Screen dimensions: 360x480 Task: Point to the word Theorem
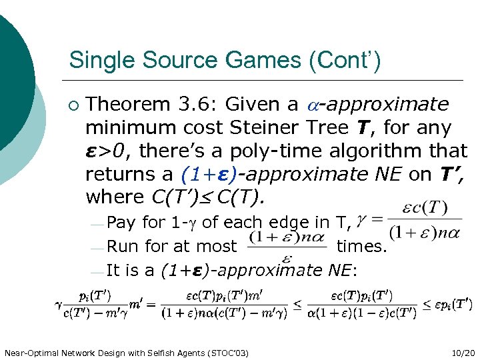click(131, 105)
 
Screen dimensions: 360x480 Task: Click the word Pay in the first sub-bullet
click(120, 222)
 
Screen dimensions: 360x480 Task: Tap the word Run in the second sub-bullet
click(121, 247)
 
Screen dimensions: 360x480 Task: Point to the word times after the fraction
click(361, 247)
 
